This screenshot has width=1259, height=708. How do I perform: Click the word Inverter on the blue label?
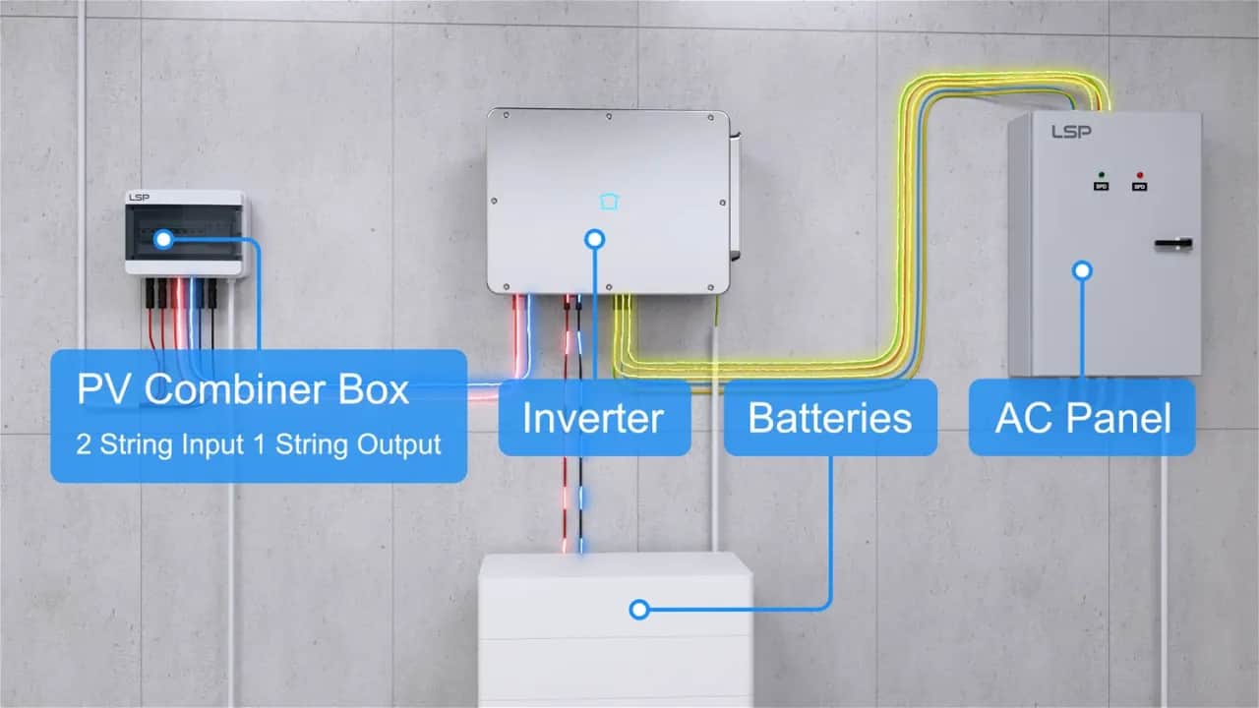click(x=593, y=418)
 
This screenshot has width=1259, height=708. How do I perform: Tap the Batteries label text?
click(x=829, y=418)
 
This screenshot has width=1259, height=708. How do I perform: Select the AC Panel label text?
click(x=1083, y=418)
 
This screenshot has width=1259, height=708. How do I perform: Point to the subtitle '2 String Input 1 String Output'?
click(x=259, y=443)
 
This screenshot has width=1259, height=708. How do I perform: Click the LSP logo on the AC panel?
click(x=1070, y=131)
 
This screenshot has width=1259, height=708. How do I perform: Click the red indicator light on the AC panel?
click(x=1140, y=173)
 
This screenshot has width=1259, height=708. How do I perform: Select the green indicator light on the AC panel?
click(x=1101, y=173)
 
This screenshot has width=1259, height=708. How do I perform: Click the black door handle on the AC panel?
click(x=1173, y=243)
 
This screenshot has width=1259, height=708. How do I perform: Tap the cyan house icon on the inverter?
click(x=610, y=202)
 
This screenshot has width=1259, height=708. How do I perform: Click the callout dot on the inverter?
click(x=594, y=239)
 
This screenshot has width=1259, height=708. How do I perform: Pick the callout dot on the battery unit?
click(x=639, y=610)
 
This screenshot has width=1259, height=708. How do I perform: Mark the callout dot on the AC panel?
click(x=1083, y=268)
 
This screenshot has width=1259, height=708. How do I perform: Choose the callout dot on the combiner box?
click(x=163, y=238)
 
